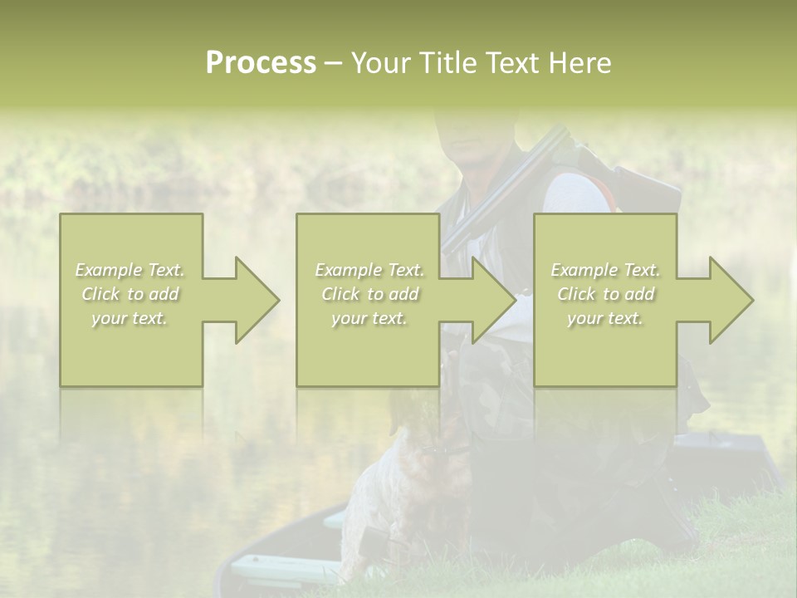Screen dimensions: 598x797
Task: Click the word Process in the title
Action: click(x=261, y=63)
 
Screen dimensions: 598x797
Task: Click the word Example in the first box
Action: click(x=109, y=270)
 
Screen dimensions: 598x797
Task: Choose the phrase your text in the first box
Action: click(x=130, y=318)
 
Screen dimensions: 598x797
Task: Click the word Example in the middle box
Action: click(x=348, y=270)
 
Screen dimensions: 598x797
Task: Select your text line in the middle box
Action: click(x=369, y=318)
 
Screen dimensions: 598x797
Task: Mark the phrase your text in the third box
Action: click(x=605, y=318)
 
